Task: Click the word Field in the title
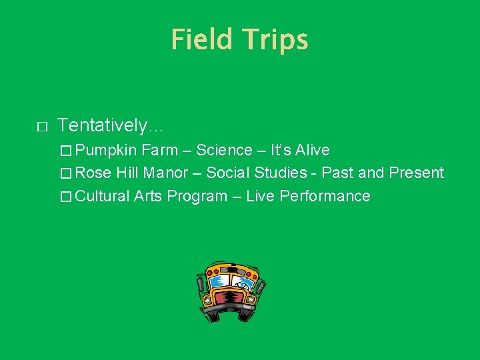(201, 39)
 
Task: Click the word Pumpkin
(111, 150)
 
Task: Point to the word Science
(224, 150)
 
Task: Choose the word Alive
(313, 150)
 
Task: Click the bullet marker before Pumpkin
(65, 151)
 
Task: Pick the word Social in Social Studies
(227, 173)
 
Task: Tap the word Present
(417, 173)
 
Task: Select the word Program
(197, 196)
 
